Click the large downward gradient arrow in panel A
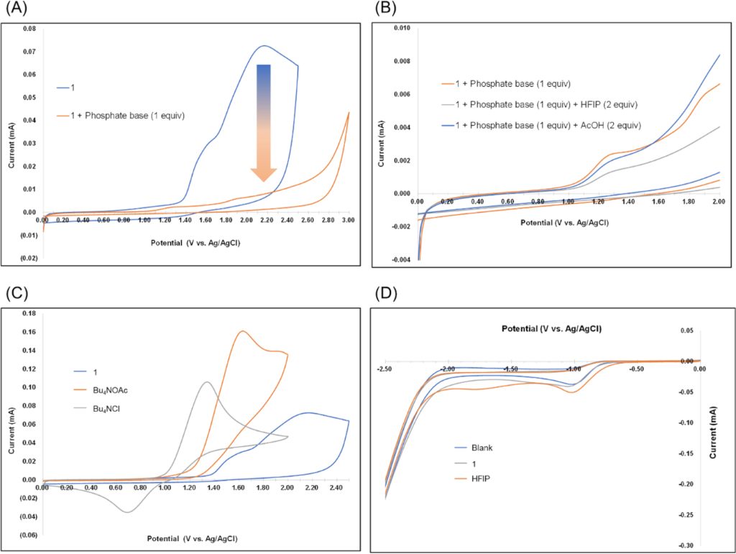[x=264, y=122]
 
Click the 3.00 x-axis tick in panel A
[x=349, y=220]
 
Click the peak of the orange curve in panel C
[x=242, y=331]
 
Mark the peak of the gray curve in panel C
[x=207, y=382]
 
